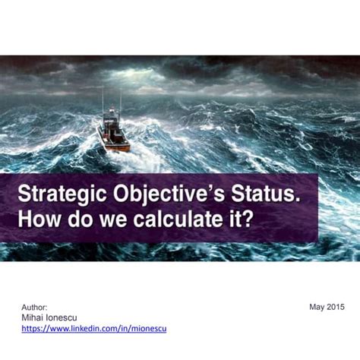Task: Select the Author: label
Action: [34, 307]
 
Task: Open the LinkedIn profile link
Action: [93, 328]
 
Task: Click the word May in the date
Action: [317, 307]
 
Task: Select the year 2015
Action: [336, 307]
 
